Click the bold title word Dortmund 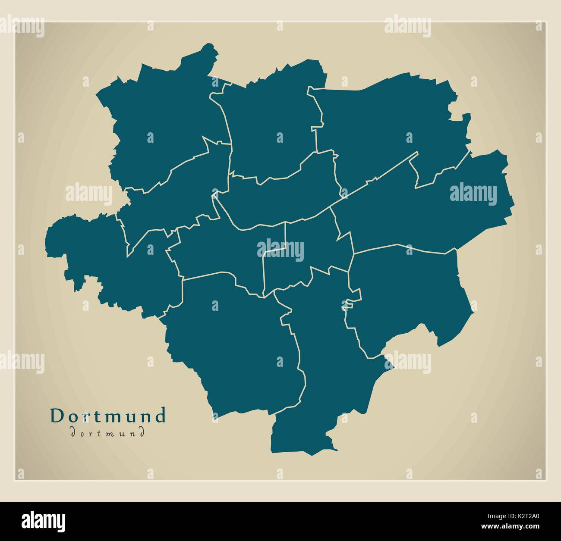click(108, 416)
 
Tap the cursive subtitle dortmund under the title click(107, 432)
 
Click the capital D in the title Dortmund click(56, 416)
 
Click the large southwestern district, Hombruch click(233, 341)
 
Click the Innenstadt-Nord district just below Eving click(280, 194)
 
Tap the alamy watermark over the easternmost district click(473, 193)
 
